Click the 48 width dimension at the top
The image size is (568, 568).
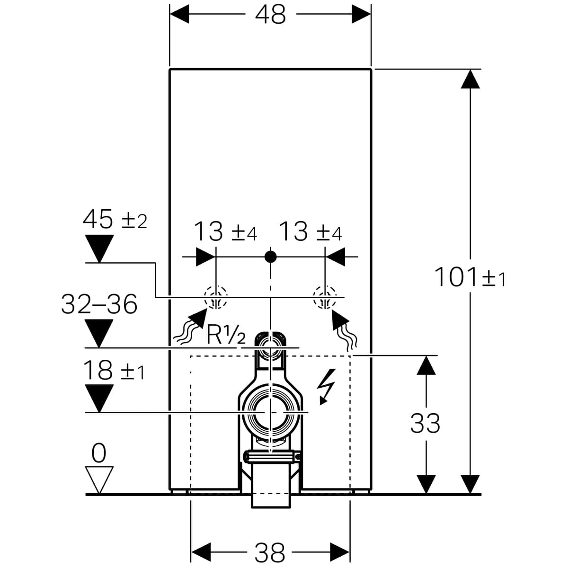click(270, 15)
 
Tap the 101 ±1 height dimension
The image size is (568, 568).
click(470, 277)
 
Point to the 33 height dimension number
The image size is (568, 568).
click(425, 423)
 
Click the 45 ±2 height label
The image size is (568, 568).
click(115, 220)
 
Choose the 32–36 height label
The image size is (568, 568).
click(99, 304)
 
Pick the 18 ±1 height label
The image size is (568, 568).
click(114, 371)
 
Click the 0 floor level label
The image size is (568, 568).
click(99, 453)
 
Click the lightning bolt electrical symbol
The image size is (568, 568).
click(327, 386)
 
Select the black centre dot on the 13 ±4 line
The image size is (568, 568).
click(270, 257)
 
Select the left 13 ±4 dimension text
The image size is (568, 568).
click(225, 232)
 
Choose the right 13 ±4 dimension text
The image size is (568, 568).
click(310, 232)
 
